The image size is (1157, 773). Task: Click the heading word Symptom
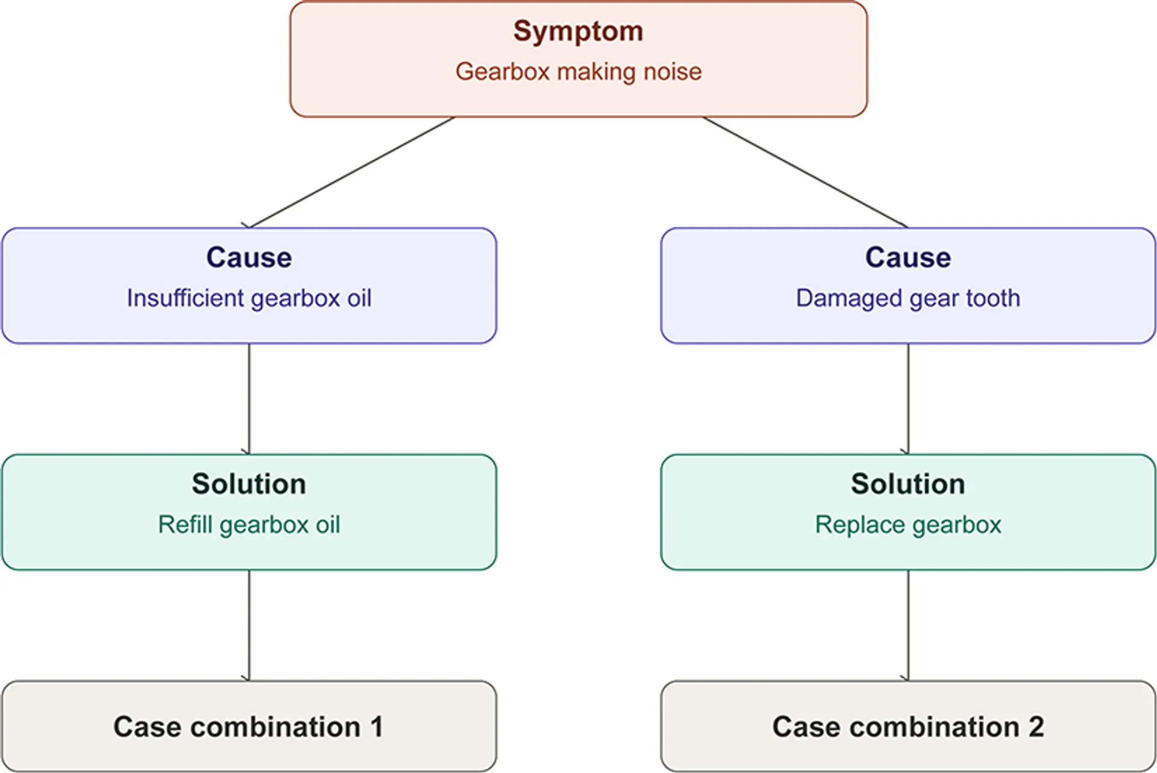[578, 32]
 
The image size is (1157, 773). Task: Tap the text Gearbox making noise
[578, 72]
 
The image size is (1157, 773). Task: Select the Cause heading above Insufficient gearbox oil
[249, 257]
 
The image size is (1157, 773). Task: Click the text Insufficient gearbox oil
[249, 298]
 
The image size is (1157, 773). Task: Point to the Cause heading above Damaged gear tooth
[908, 257]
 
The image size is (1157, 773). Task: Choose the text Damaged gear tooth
[908, 298]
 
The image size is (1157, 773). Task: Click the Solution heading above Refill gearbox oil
[249, 484]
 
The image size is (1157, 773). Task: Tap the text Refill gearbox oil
[249, 525]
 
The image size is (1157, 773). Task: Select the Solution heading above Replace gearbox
[908, 484]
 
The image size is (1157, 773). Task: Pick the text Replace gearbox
[908, 525]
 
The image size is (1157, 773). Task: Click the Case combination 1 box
[249, 726]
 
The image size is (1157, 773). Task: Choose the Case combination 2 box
[908, 726]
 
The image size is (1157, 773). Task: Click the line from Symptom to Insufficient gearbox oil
[351, 172]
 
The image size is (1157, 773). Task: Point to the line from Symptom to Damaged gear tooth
[805, 172]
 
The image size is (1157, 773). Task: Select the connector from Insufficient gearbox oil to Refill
[249, 399]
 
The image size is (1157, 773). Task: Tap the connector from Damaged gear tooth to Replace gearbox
[908, 399]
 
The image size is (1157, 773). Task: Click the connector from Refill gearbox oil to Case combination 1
[249, 625]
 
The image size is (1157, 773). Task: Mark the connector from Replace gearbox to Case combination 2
[908, 625]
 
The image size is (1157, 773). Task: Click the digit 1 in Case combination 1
[377, 727]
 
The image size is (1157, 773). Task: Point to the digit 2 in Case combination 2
[1036, 727]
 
